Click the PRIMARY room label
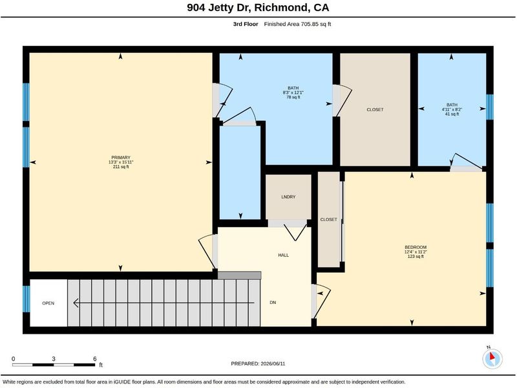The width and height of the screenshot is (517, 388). point(121,158)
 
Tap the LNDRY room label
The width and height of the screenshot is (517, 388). point(288,197)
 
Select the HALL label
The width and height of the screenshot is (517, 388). point(284,255)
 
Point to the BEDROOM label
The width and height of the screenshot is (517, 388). point(416,247)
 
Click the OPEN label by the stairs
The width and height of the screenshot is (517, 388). point(48,303)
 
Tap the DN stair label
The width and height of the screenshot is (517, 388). point(273,303)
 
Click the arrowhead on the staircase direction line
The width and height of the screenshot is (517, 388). point(76,303)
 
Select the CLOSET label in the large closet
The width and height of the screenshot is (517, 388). point(375,109)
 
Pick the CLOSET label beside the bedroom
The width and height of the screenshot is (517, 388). point(328,219)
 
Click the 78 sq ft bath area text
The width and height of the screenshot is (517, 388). point(293,98)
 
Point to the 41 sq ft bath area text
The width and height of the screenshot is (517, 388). point(452,114)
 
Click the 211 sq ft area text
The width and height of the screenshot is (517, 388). point(121,167)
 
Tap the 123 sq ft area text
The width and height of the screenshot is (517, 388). point(416,256)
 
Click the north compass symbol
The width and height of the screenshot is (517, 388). point(492,359)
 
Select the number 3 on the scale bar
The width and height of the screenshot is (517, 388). point(54,359)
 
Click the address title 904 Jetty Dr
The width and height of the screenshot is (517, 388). point(219,8)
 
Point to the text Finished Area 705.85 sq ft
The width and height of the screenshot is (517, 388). point(297,24)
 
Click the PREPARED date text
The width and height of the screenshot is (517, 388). point(258,363)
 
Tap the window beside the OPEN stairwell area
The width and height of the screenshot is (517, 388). point(26,299)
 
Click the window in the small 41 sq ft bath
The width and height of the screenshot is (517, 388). point(490,107)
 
